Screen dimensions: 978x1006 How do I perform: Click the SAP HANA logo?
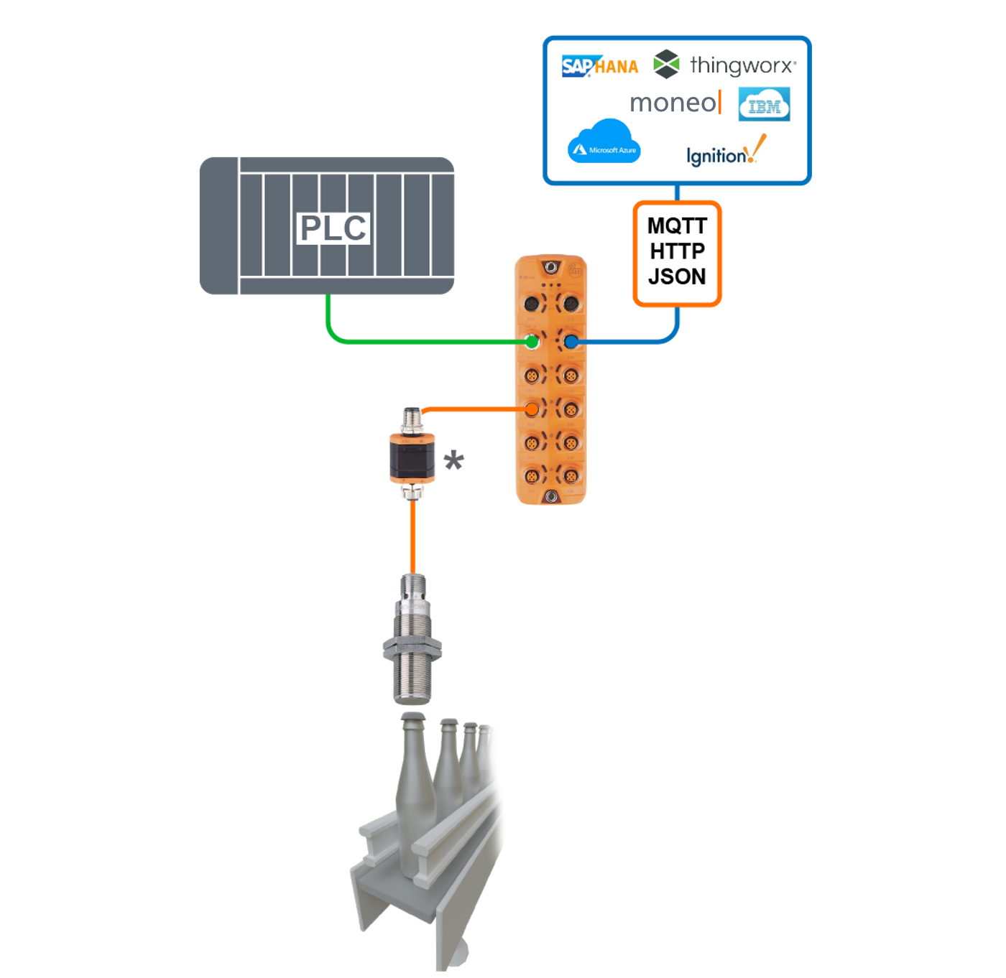599,66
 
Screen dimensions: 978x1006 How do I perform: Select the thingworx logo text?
742,65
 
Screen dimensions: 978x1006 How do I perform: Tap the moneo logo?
674,103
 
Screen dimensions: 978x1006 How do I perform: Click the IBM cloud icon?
765,105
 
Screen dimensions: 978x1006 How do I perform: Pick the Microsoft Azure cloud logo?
604,144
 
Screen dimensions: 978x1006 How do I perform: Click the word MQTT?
677,226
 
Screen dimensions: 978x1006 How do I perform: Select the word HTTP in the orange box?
677,251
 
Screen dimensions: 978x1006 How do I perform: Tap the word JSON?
677,276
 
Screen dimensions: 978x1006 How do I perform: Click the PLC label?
333,228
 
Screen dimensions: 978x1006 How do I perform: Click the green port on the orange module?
532,341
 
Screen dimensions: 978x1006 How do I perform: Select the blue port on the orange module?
571,342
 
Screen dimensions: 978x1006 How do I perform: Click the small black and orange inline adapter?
412,457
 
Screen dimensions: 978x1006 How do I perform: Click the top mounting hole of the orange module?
551,267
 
